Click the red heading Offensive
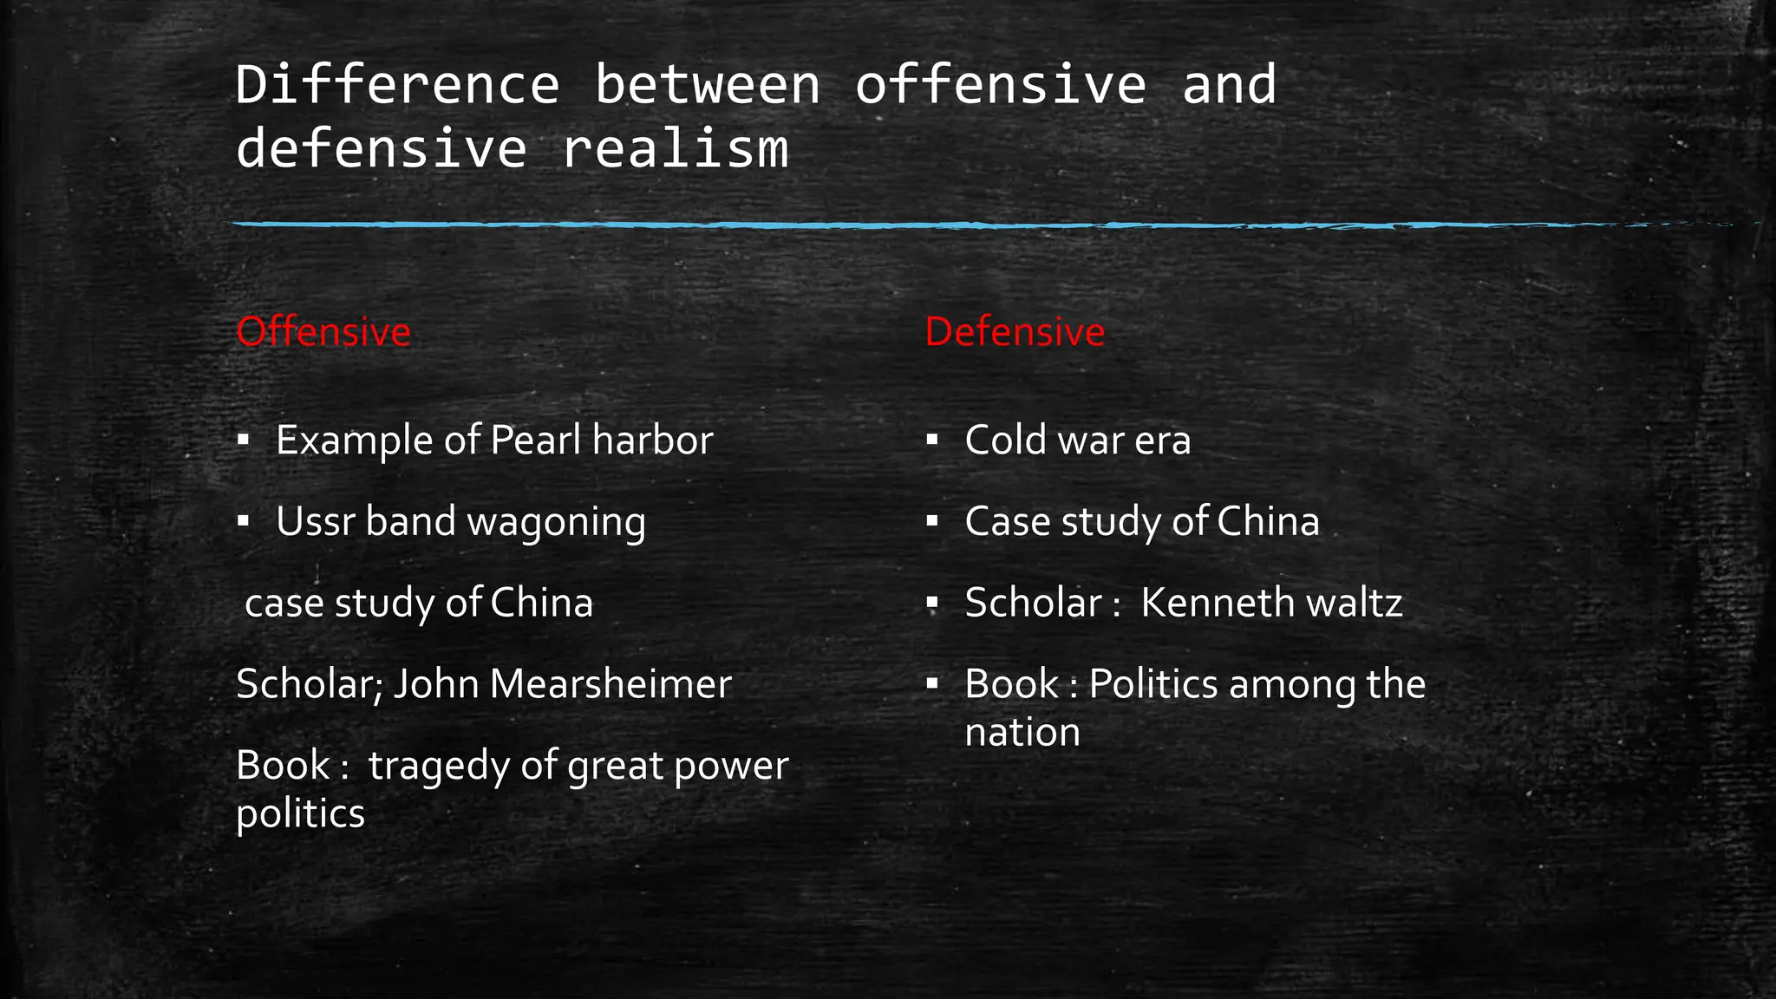tap(323, 332)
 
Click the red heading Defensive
tap(1015, 332)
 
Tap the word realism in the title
tap(675, 149)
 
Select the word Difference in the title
tap(397, 85)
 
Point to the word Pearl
tap(535, 441)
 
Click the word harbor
tap(652, 441)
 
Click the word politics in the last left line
tap(300, 814)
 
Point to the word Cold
tap(1005, 441)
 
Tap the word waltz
tap(1354, 603)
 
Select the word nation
tap(1022, 733)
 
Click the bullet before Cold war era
tap(932, 440)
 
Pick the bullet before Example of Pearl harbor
tap(244, 440)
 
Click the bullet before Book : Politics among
tap(932, 684)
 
